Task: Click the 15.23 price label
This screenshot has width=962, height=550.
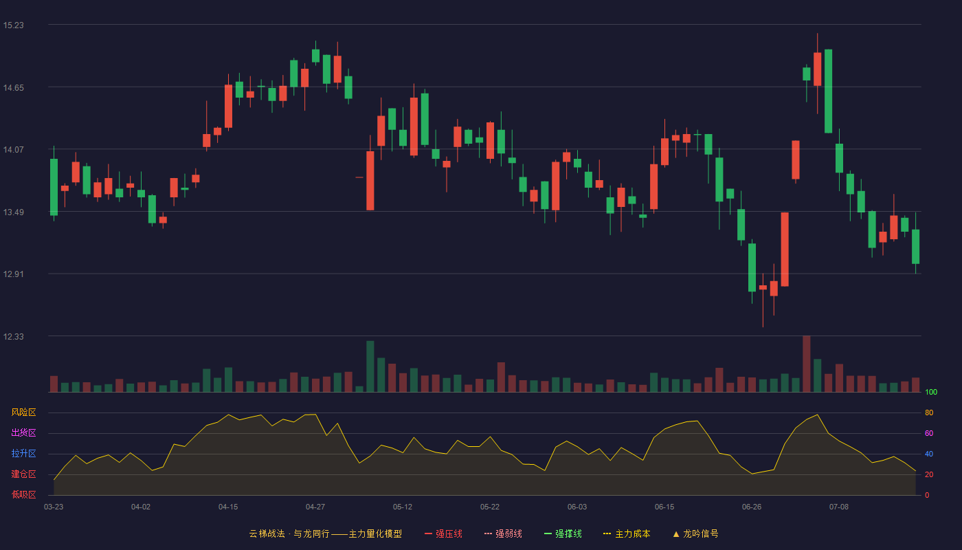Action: (13, 25)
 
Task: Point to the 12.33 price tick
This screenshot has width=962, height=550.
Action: (13, 336)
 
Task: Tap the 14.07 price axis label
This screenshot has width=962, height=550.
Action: (13, 150)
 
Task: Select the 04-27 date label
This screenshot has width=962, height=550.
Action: (315, 507)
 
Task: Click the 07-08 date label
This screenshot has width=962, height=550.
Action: (839, 507)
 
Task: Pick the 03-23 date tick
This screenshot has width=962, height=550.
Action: (54, 507)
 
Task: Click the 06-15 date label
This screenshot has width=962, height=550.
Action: (664, 507)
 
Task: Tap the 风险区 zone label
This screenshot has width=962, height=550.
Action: (23, 412)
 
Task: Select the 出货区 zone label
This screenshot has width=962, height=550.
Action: (23, 432)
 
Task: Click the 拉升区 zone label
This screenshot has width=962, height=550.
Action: (23, 453)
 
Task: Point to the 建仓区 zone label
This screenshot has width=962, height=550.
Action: (23, 474)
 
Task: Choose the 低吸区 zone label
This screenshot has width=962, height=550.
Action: (23, 494)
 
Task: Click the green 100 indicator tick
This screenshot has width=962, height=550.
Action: (931, 392)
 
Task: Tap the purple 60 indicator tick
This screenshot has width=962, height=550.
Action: (929, 433)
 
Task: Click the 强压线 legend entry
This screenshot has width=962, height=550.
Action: (443, 533)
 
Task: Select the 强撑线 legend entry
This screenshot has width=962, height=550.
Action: (563, 533)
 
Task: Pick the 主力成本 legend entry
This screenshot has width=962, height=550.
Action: (627, 533)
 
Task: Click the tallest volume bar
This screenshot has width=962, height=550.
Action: (807, 364)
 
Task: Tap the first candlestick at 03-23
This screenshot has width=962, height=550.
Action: (54, 184)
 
